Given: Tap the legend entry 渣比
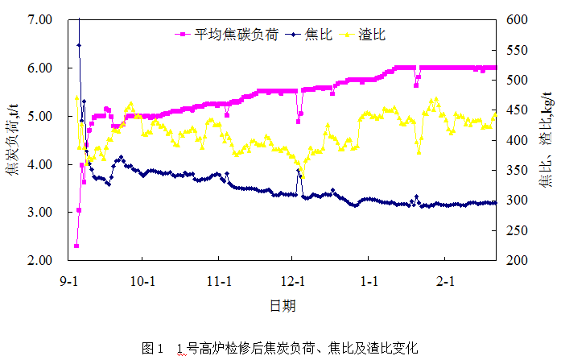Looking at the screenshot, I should tap(367, 35).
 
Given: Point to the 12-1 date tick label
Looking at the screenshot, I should tap(292, 283).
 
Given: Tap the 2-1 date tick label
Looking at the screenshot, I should tap(445, 283).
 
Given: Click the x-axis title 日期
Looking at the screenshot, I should tap(283, 307).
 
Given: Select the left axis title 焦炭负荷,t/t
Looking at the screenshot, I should tap(13, 140).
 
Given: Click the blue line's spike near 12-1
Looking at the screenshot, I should tap(298, 171).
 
